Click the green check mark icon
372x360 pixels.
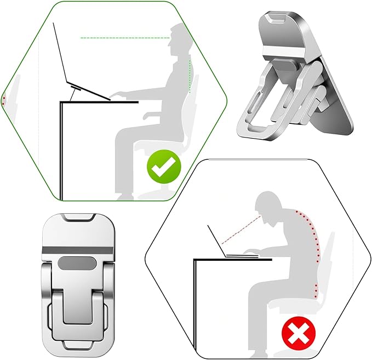162,168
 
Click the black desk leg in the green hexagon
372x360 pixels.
62,151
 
